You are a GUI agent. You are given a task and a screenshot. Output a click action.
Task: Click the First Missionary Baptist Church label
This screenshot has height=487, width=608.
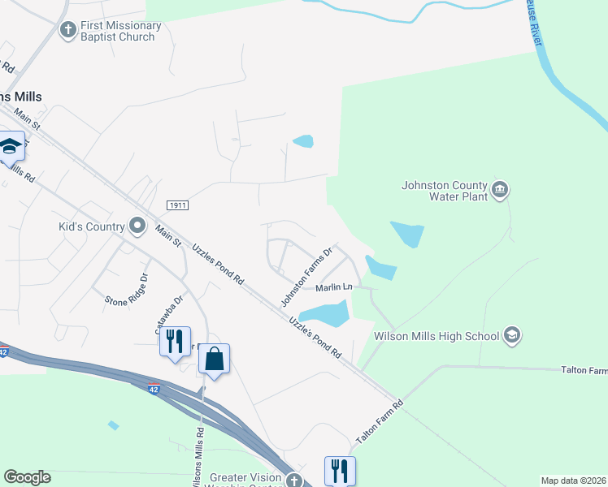point(120,31)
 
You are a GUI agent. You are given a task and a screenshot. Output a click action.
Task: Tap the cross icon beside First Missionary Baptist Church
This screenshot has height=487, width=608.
point(67,30)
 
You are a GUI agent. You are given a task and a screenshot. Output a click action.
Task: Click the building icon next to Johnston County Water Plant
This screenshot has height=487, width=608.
point(500,191)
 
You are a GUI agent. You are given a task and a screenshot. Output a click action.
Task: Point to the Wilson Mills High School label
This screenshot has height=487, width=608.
point(437,335)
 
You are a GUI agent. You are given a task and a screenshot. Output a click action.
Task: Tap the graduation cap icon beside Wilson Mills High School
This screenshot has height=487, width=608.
point(511,334)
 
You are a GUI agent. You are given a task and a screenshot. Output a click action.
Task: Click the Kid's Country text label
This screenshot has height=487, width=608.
point(91,226)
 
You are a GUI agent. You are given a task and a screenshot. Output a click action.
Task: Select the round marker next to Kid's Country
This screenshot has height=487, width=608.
point(137,225)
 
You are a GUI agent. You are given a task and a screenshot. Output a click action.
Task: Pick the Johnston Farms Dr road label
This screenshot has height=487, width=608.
point(307,277)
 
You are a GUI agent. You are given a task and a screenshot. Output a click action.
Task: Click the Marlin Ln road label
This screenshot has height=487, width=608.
point(334,287)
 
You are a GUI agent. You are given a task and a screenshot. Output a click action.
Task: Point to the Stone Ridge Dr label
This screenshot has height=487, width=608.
point(126,289)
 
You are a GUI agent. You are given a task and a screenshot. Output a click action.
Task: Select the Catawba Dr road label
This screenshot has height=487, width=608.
point(169,314)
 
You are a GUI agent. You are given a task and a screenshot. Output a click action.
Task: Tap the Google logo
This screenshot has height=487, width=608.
point(27,477)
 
